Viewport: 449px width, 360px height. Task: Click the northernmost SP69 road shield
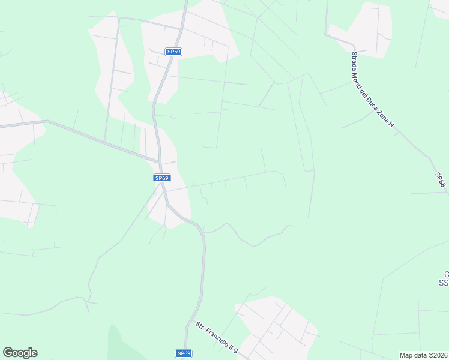click(x=174, y=52)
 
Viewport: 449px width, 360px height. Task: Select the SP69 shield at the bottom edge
click(x=184, y=354)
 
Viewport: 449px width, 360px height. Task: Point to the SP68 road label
click(x=441, y=180)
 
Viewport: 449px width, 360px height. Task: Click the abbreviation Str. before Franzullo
click(x=199, y=326)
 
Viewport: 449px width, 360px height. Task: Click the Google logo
click(x=20, y=353)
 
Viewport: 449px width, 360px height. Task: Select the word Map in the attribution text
click(x=406, y=355)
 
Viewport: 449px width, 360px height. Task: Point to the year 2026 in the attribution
click(x=438, y=355)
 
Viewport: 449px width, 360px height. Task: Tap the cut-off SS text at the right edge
click(x=444, y=282)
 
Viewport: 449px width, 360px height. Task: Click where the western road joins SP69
click(x=160, y=161)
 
